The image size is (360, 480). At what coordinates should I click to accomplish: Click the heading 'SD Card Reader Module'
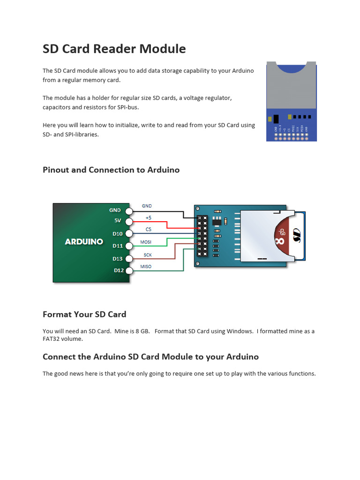tap(114, 49)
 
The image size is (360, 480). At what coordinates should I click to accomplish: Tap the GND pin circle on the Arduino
tap(129, 210)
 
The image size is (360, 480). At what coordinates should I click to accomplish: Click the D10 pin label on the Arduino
tap(117, 233)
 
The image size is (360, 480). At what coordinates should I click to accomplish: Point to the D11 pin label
tap(117, 246)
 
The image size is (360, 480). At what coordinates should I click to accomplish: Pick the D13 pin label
tap(117, 258)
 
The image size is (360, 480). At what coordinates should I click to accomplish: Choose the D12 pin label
tap(119, 270)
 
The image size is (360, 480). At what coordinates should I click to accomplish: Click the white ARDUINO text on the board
tap(84, 242)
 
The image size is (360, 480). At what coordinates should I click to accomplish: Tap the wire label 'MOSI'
tap(146, 242)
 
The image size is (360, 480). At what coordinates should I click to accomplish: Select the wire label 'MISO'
tap(146, 267)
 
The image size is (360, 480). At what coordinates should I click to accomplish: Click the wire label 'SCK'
tap(147, 255)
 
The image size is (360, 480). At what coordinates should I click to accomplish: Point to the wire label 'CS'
tap(148, 230)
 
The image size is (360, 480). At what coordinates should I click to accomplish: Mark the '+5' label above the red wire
tap(148, 218)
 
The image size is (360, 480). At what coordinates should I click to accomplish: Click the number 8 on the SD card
tap(280, 241)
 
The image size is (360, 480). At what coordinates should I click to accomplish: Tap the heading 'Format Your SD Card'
tap(84, 315)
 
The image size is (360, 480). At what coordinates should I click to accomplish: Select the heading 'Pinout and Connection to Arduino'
tap(111, 170)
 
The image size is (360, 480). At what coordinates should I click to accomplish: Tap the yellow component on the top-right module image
tap(291, 117)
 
